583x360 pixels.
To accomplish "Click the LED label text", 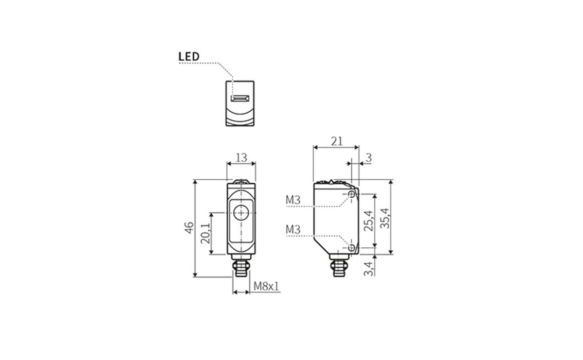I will (x=189, y=56).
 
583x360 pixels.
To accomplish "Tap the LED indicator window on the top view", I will (x=240, y=99).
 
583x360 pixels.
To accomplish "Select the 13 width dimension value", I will (x=241, y=157).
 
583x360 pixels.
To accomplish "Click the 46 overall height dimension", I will (x=189, y=227).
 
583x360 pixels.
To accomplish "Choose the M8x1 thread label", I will (x=267, y=287).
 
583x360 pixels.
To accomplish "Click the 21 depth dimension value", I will (x=337, y=141).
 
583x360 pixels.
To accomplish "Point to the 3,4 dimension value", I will (x=369, y=268).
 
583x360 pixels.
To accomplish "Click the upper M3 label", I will (x=293, y=200).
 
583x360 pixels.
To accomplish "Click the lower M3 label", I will (x=293, y=229).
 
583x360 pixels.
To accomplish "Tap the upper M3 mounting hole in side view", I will (x=352, y=194).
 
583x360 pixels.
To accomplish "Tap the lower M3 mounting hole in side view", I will (x=352, y=248).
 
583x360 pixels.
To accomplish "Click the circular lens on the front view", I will (x=241, y=213).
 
